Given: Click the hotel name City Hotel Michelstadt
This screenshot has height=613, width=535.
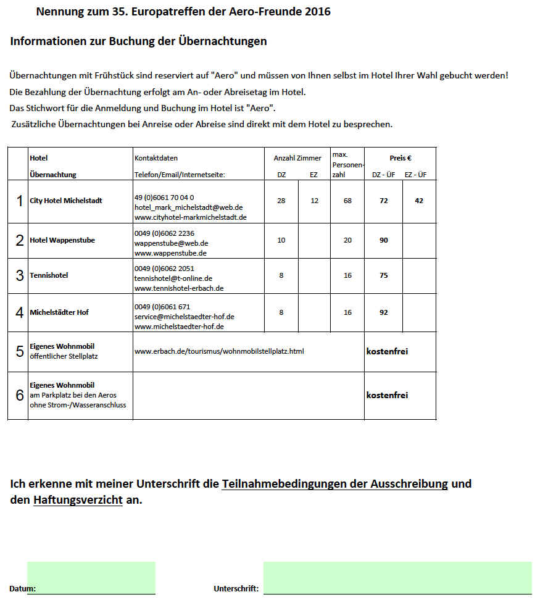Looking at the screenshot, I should tap(66, 201).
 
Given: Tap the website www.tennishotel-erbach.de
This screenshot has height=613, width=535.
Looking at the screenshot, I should tap(179, 288).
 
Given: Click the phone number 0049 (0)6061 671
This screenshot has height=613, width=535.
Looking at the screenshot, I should tap(162, 306).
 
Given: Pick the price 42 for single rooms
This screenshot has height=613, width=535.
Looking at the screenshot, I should tap(419, 201).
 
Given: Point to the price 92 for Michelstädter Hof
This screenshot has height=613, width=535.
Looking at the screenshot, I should tap(384, 312).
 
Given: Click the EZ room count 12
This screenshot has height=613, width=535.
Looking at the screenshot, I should tap(315, 201).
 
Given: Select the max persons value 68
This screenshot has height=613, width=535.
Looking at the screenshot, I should tap(347, 201).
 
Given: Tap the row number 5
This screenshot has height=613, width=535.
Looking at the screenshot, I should tap(20, 351).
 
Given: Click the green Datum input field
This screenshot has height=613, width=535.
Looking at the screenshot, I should tap(91, 577).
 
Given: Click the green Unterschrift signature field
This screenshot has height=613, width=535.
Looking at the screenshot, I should tap(397, 577).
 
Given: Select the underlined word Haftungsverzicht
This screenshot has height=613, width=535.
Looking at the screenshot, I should tap(78, 500).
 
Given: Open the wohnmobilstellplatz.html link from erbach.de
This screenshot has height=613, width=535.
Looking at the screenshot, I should tap(219, 351).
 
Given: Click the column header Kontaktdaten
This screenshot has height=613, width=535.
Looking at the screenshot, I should tap(156, 158).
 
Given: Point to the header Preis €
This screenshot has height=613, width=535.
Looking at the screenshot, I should tap(400, 158).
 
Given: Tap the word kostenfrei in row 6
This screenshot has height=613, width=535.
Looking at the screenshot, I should tap(387, 395).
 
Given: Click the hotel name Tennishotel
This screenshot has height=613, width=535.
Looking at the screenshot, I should tap(49, 275).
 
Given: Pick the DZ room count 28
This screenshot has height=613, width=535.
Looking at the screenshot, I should tap(281, 201).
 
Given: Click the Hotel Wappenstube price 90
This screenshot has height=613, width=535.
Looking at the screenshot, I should tap(384, 240).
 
